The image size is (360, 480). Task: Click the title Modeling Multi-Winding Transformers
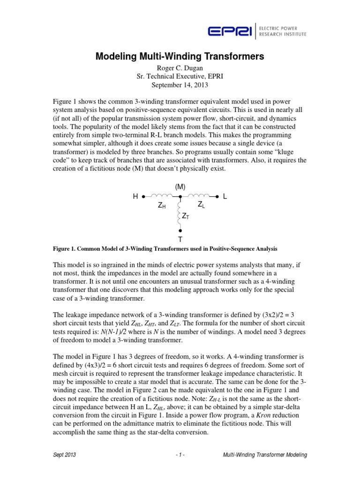(180, 57)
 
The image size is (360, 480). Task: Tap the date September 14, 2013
(180, 85)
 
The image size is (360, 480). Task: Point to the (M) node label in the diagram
(180, 187)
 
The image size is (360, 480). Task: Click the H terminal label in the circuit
(135, 197)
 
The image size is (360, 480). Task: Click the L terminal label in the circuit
(225, 197)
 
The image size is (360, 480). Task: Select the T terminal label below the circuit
(180, 239)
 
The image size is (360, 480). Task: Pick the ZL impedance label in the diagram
(201, 204)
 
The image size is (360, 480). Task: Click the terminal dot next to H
(143, 197)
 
